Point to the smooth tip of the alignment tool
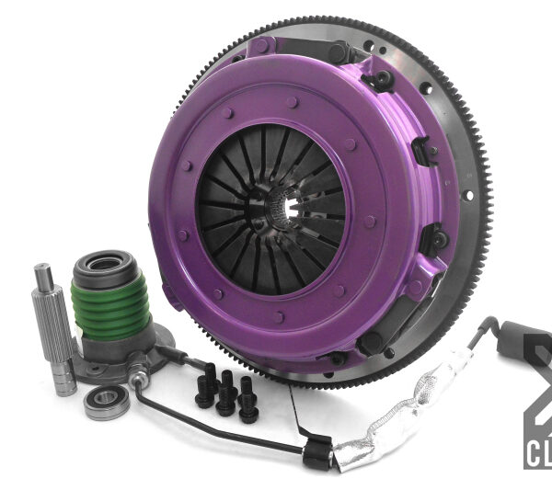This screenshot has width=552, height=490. click(43, 275)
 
